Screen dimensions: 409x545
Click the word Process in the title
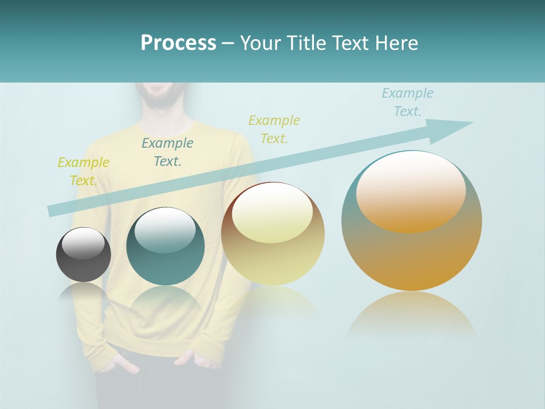(x=178, y=43)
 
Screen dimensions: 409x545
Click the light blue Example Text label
(x=407, y=102)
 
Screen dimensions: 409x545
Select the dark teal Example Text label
(x=167, y=152)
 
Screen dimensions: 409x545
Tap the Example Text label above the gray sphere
(x=83, y=171)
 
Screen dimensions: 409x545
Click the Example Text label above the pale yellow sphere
(x=274, y=129)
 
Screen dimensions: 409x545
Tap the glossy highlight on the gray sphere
(x=83, y=243)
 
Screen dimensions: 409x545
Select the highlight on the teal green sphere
(x=165, y=230)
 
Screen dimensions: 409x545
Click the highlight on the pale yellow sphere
(x=272, y=213)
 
